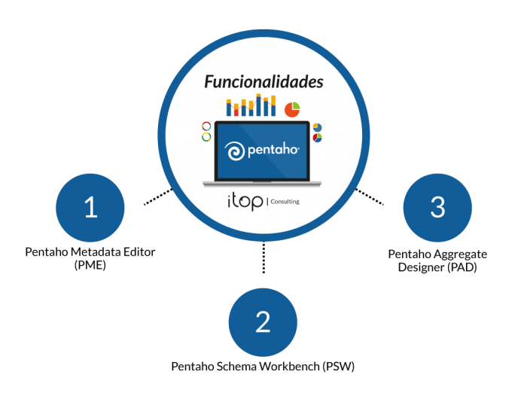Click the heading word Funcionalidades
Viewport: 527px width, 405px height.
click(x=263, y=82)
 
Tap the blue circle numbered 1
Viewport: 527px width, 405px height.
click(x=90, y=207)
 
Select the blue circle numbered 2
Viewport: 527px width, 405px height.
click(x=263, y=322)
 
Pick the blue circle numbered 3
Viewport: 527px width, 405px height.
click(x=437, y=207)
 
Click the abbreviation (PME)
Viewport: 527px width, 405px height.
click(x=90, y=265)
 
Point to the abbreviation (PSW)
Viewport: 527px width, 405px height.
click(x=339, y=366)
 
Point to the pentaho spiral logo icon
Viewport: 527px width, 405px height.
click(x=235, y=151)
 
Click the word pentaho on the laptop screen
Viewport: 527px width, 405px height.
click(x=273, y=150)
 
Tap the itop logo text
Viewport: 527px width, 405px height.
click(x=245, y=202)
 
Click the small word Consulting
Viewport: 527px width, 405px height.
click(x=285, y=201)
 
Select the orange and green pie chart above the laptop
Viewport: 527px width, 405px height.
click(x=292, y=110)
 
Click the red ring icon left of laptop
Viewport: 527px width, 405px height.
click(x=206, y=126)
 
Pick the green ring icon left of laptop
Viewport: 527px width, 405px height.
click(x=206, y=137)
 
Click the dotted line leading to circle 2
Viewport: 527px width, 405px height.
click(x=263, y=257)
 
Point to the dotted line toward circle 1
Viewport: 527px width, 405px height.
click(x=158, y=196)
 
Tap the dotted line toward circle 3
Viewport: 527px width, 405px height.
click(x=370, y=196)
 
